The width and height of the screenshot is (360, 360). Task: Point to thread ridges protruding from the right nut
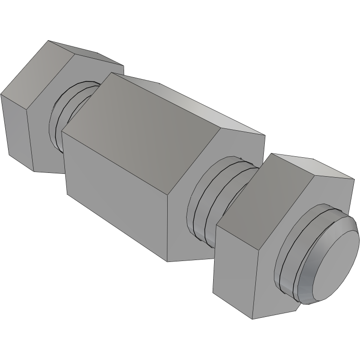point(289,265)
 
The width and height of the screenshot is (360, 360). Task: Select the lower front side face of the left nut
point(17,128)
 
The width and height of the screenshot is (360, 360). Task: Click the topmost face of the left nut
point(85,54)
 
